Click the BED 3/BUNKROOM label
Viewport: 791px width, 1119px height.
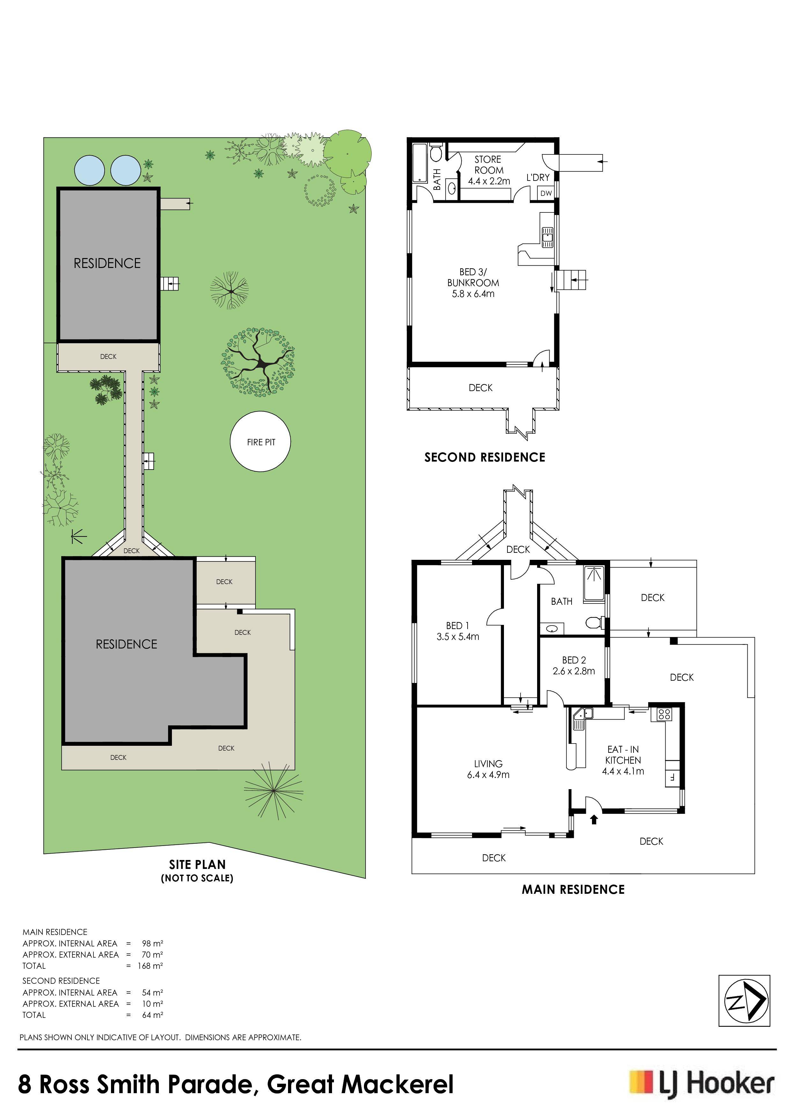click(x=473, y=283)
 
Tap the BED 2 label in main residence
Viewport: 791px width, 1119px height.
click(x=573, y=665)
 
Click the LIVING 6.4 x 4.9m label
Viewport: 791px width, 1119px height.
click(x=488, y=769)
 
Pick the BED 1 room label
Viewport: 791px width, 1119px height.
click(x=458, y=631)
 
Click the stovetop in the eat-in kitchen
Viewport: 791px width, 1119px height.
click(x=664, y=715)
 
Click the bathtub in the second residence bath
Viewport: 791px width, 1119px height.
click(x=419, y=163)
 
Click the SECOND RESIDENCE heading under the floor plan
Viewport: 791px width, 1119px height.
click(x=484, y=457)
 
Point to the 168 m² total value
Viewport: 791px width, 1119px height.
click(x=150, y=966)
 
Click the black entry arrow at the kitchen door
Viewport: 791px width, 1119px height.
click(x=594, y=820)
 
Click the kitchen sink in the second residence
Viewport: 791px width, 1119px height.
click(x=547, y=237)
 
